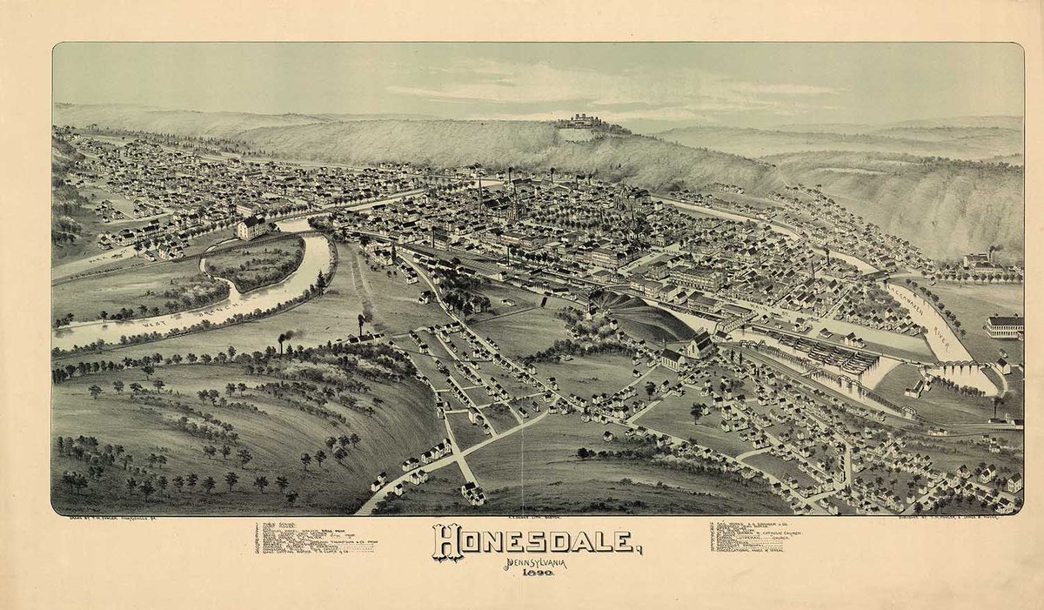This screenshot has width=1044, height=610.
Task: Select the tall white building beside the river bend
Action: pos(251,227)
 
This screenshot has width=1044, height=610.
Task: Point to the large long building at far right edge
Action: pos(1005,326)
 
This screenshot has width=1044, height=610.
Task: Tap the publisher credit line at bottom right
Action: pos(957,518)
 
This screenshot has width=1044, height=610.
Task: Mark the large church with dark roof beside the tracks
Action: pos(700,347)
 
